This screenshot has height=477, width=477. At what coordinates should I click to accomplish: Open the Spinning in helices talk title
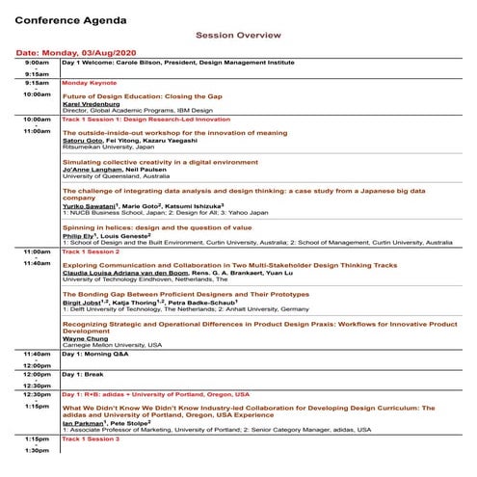click(x=157, y=226)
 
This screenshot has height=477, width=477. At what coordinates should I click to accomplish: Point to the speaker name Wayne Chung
click(x=84, y=338)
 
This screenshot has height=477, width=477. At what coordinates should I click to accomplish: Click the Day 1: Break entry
click(x=84, y=374)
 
